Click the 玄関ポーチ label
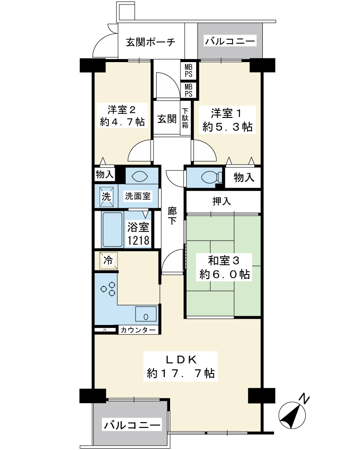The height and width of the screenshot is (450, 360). [x=151, y=42]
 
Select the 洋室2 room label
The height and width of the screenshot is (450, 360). [x=122, y=116]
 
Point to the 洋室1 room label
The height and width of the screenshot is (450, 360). [x=227, y=120]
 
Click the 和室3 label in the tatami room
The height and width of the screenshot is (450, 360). [x=224, y=267]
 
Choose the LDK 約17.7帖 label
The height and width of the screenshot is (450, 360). [x=180, y=366]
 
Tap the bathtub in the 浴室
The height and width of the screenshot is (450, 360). [x=112, y=229]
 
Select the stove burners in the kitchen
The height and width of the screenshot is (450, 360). [x=108, y=289]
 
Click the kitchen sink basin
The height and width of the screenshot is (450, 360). [x=146, y=314]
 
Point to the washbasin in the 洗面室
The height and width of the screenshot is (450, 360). [x=139, y=176]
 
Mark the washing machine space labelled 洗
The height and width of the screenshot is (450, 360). [x=106, y=197]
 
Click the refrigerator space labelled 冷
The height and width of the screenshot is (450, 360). [x=108, y=261]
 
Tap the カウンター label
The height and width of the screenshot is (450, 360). [x=138, y=330]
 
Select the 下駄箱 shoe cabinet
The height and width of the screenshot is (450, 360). [x=185, y=117]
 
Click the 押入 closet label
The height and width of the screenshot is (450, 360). [x=222, y=202]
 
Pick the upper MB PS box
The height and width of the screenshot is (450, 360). [x=189, y=70]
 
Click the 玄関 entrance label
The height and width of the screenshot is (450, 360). [x=167, y=118]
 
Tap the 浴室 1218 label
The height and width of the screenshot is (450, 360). [x=138, y=234]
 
